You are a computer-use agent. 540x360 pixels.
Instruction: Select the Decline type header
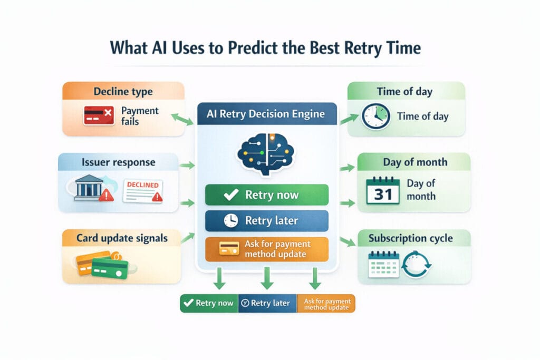[x=123, y=91]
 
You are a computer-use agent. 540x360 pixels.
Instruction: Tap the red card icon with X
[x=99, y=115]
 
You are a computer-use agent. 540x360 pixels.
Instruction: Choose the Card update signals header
[x=122, y=238]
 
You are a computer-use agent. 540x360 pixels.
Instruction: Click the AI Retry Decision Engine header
[x=266, y=113]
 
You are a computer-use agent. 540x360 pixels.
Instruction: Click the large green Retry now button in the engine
[x=266, y=195]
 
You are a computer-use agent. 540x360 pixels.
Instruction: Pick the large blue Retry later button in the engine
[x=266, y=221]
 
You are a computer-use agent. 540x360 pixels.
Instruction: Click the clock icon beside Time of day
[x=375, y=116]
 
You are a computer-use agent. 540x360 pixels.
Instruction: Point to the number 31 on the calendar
[x=383, y=194]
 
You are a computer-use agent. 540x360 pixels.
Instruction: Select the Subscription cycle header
[x=410, y=238]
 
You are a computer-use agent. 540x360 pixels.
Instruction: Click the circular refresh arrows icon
[x=417, y=265]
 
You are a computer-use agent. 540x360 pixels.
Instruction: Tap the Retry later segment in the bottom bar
[x=267, y=303]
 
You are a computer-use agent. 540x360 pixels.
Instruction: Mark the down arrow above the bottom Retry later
[x=267, y=278]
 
